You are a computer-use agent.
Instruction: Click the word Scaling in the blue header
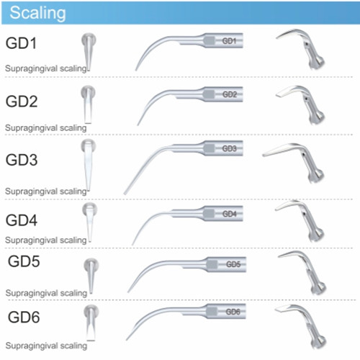click(x=37, y=13)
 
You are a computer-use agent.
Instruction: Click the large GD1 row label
click(x=21, y=43)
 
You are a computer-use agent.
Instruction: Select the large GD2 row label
click(x=22, y=102)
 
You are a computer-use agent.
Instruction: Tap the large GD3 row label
click(x=22, y=160)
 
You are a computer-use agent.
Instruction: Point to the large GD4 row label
click(x=22, y=220)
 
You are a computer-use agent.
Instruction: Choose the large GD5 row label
click(x=24, y=261)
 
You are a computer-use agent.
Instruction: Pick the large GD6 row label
click(x=24, y=317)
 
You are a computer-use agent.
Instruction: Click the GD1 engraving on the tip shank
click(x=229, y=41)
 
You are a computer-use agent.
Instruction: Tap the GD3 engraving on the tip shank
click(x=229, y=148)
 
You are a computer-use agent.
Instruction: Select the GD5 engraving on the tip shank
click(x=233, y=264)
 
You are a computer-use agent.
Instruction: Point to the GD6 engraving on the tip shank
click(x=233, y=312)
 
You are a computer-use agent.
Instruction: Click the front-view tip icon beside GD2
click(x=88, y=104)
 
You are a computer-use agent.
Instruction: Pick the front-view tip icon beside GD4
click(x=89, y=222)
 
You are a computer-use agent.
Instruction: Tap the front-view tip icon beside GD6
click(x=91, y=323)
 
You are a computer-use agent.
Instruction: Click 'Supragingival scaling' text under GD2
click(x=46, y=128)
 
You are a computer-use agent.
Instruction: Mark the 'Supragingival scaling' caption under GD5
click(x=46, y=293)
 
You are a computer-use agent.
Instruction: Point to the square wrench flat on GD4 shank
click(x=209, y=214)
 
